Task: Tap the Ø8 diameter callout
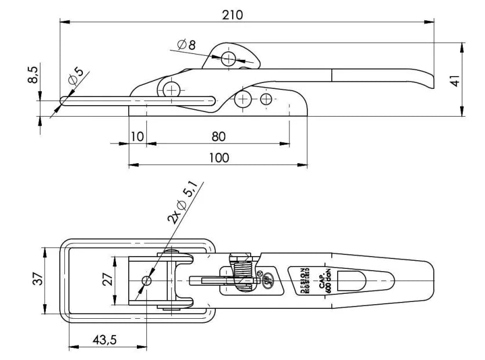coord(187,45)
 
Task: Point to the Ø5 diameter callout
coord(75,77)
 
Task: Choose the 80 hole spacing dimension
coord(218,136)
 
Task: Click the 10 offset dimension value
coord(137,136)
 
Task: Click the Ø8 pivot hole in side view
coord(229,58)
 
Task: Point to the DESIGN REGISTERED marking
coord(304,281)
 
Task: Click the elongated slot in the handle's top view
coord(352,281)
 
